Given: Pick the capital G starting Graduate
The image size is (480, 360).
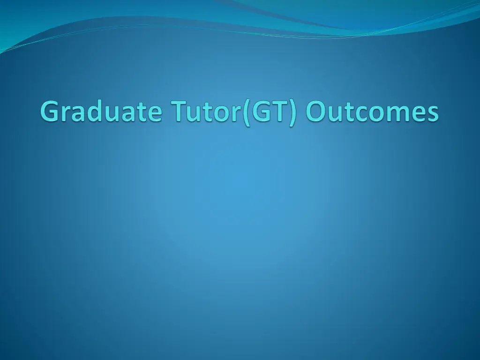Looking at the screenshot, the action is tap(50, 112).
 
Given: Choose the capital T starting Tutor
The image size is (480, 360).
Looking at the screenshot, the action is tap(183, 112).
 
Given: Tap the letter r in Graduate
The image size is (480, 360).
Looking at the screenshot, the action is tap(67, 114).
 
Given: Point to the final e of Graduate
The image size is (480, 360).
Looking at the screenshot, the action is tap(155, 114).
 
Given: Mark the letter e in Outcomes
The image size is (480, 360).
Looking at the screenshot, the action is tap(420, 114).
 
